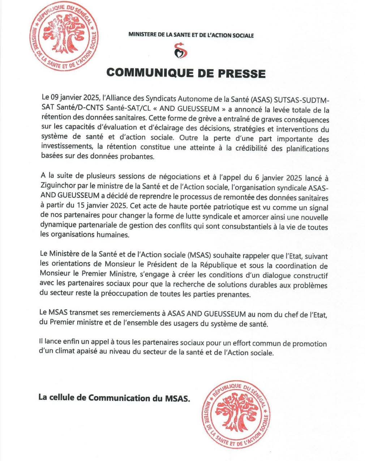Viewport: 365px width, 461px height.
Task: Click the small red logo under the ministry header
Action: click(x=181, y=51)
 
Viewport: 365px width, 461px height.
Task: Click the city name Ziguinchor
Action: click(x=59, y=188)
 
